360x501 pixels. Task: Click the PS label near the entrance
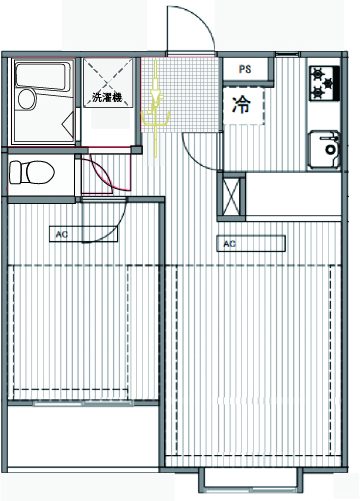(x=245, y=69)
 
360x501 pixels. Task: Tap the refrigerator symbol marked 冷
(x=243, y=105)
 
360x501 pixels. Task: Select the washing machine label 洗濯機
(x=107, y=97)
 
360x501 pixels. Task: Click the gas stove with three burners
(x=324, y=83)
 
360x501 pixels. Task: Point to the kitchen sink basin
(x=324, y=149)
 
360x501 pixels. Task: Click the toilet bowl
(x=32, y=173)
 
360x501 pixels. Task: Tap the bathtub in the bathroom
(x=41, y=77)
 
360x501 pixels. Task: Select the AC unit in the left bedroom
(x=83, y=234)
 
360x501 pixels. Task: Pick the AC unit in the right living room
(x=251, y=244)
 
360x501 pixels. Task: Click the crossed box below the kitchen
(x=231, y=196)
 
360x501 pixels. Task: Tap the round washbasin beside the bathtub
(x=27, y=99)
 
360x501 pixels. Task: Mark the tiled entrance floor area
(x=180, y=94)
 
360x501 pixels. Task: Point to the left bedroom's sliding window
(x=83, y=403)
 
